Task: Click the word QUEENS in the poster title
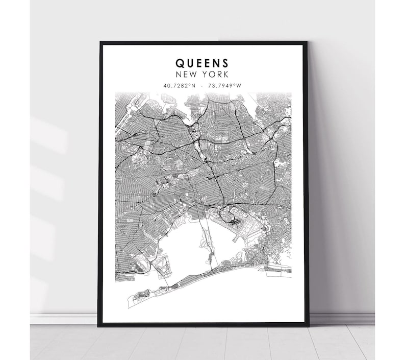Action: tap(202, 63)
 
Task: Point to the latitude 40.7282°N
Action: tap(179, 85)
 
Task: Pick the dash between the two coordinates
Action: tap(202, 85)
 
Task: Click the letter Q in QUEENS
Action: tap(180, 63)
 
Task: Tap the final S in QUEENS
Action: tap(225, 63)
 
